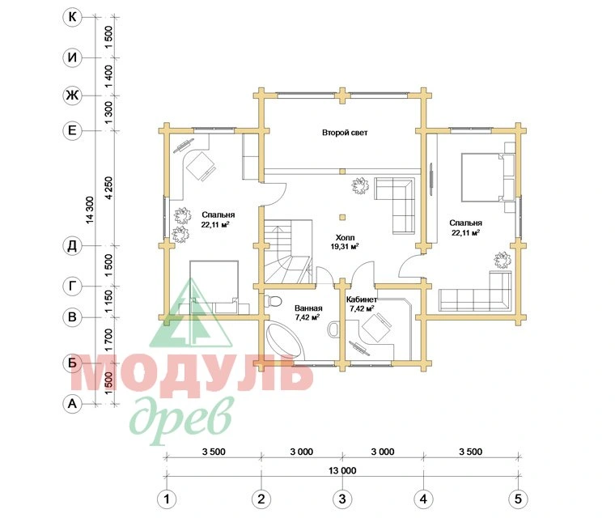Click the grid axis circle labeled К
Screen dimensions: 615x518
click(72, 17)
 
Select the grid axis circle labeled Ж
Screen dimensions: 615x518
click(72, 96)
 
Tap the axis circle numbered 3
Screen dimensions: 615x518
click(342, 499)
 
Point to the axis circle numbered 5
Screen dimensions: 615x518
click(518, 499)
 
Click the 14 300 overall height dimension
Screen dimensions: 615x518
click(90, 210)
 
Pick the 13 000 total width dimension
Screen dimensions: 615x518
click(342, 470)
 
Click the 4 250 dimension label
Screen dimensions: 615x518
click(108, 188)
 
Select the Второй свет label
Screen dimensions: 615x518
click(345, 133)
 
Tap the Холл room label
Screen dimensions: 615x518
click(346, 237)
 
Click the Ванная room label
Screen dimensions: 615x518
click(308, 308)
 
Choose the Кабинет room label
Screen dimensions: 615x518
click(362, 299)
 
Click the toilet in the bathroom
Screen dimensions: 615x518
click(273, 301)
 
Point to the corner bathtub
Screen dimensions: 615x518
click(284, 341)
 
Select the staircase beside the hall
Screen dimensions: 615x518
click(288, 252)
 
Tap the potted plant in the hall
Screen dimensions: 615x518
click(360, 185)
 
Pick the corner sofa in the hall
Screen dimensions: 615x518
click(396, 206)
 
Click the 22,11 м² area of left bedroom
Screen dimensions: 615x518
click(215, 225)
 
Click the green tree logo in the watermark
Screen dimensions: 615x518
click(191, 313)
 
